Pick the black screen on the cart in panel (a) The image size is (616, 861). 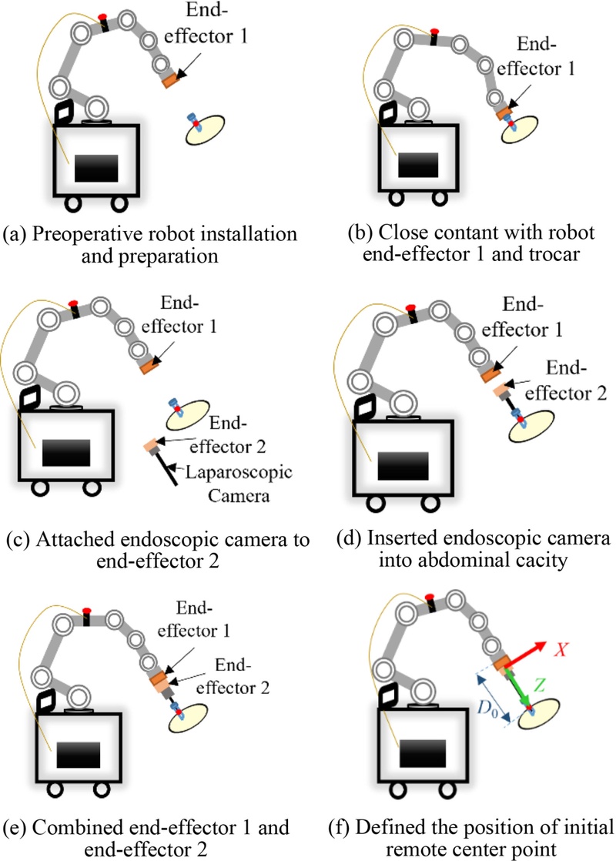pos(96,167)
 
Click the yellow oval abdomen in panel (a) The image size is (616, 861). pos(206,128)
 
